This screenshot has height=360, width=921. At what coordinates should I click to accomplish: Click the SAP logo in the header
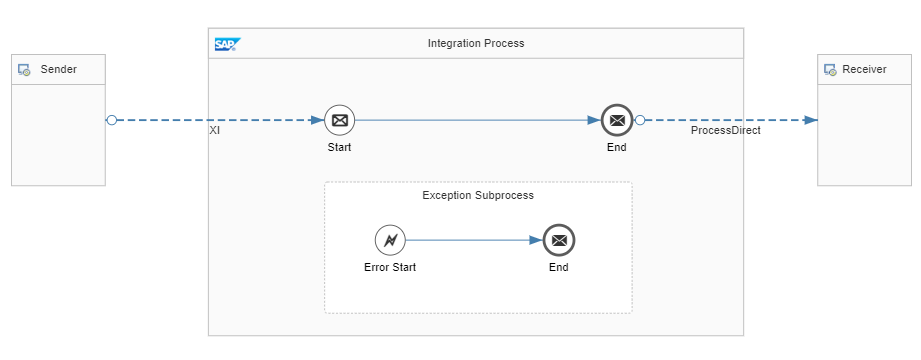pyautogui.click(x=227, y=44)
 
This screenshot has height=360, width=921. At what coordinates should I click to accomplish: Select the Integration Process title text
pyautogui.click(x=475, y=43)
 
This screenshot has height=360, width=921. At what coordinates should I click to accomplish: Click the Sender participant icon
pyautogui.click(x=25, y=70)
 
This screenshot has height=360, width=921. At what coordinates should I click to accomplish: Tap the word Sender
pyautogui.click(x=58, y=70)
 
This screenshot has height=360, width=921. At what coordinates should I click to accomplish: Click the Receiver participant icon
pyautogui.click(x=830, y=70)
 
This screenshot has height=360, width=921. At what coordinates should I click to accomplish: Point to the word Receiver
pyautogui.click(x=864, y=70)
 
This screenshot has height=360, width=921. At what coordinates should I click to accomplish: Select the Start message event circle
pyautogui.click(x=339, y=120)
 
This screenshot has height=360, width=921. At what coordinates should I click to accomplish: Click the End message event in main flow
pyautogui.click(x=617, y=120)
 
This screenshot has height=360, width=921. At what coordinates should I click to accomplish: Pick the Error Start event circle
pyautogui.click(x=390, y=240)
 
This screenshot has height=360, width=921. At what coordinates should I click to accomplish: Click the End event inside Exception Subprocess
pyautogui.click(x=559, y=240)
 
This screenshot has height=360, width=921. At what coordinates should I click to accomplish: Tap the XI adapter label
pyautogui.click(x=215, y=131)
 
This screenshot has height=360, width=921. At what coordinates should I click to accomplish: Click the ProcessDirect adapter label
pyautogui.click(x=725, y=131)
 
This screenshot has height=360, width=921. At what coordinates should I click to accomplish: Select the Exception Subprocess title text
pyautogui.click(x=478, y=195)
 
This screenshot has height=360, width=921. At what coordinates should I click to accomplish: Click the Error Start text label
pyautogui.click(x=390, y=267)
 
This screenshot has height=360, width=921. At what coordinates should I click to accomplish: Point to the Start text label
pyautogui.click(x=339, y=147)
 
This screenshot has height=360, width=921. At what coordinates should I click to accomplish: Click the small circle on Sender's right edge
pyautogui.click(x=111, y=120)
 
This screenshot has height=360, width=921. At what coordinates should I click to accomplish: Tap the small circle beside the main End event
pyautogui.click(x=640, y=120)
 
